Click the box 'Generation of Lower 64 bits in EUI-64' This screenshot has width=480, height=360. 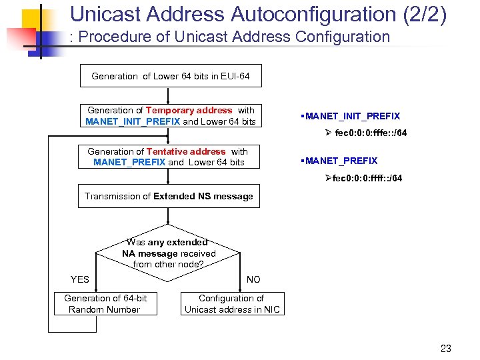point(170,76)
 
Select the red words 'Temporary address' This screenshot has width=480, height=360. point(189,110)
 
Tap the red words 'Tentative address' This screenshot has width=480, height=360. point(186,151)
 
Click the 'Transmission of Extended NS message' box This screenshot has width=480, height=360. point(169,197)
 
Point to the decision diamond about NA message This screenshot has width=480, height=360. point(169,253)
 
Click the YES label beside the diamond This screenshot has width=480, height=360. point(80,279)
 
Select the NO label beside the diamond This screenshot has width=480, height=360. point(253,279)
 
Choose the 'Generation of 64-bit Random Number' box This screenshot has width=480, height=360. point(105,304)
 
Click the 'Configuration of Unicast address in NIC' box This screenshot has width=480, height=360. point(232,304)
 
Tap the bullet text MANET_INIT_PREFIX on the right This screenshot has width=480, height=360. point(352,116)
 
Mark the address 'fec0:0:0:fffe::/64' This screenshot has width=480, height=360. point(371,133)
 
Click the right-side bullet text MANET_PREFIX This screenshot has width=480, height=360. point(341,161)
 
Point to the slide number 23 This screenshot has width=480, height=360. point(446,348)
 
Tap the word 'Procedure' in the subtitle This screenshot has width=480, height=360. point(120,37)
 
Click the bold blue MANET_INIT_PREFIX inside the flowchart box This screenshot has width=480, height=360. point(133,121)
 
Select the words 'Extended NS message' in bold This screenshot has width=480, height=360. point(203,197)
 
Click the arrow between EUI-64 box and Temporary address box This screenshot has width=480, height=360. point(169,96)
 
